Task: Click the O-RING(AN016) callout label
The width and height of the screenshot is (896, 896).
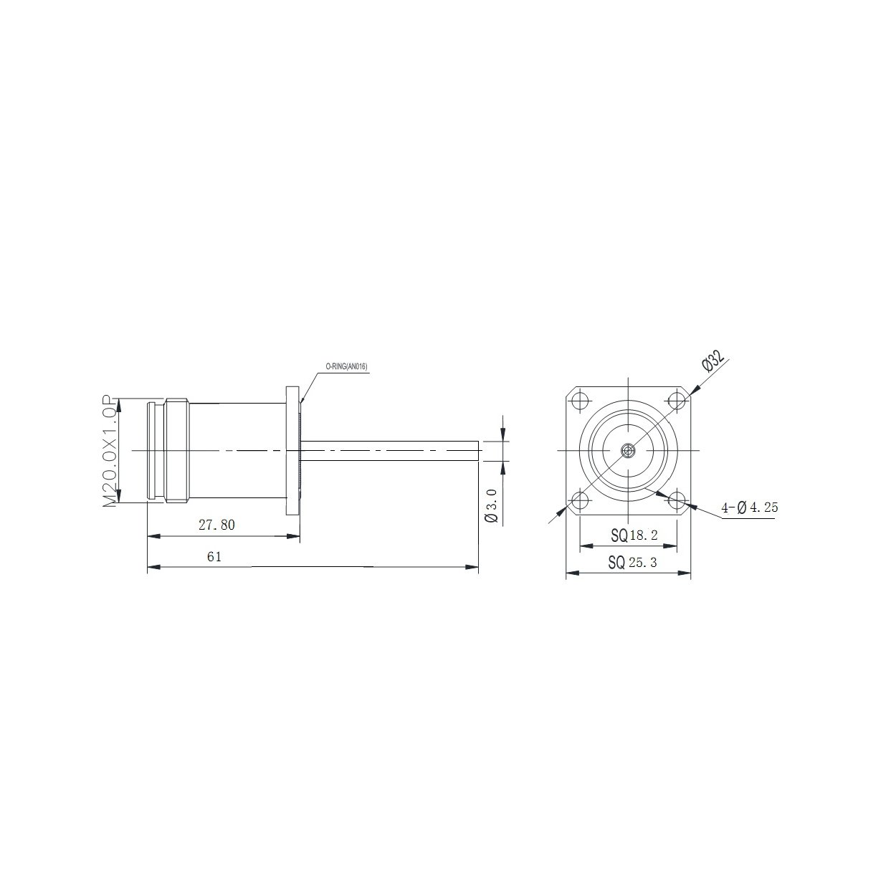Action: (346, 366)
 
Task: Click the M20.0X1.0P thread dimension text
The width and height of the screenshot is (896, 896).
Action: (110, 451)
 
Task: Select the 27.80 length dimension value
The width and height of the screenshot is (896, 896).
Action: (216, 525)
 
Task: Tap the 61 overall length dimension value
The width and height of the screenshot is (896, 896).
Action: (214, 557)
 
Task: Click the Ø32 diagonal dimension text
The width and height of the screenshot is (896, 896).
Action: (714, 359)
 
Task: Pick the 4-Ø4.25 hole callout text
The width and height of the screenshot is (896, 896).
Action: (750, 508)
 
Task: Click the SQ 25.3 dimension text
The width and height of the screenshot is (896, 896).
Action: (633, 563)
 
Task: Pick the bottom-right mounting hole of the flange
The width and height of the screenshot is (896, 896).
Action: (677, 499)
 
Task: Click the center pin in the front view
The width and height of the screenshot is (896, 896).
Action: (629, 450)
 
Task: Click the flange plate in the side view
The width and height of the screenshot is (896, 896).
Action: (292, 450)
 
